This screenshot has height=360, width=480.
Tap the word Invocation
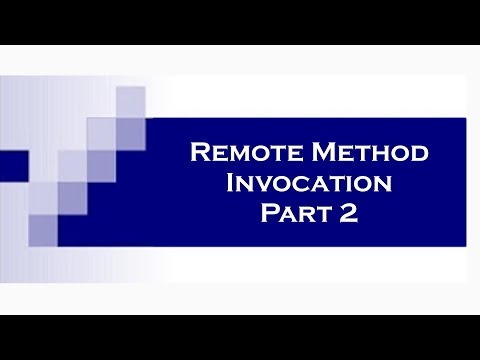pyautogui.click(x=309, y=185)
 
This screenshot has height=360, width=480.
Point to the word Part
pyautogui.click(x=285, y=214)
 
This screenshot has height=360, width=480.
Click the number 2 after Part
pyautogui.click(x=347, y=214)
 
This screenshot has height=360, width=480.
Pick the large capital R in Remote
pyautogui.click(x=198, y=154)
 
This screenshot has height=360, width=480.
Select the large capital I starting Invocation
pyautogui.click(x=233, y=184)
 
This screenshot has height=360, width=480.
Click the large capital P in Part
pyautogui.click(x=266, y=214)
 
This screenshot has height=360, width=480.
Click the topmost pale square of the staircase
pyautogui.click(x=131, y=101)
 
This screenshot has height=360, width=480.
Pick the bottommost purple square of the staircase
pyautogui.click(x=43, y=229)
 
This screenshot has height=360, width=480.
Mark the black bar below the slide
pyautogui.click(x=240, y=337)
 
